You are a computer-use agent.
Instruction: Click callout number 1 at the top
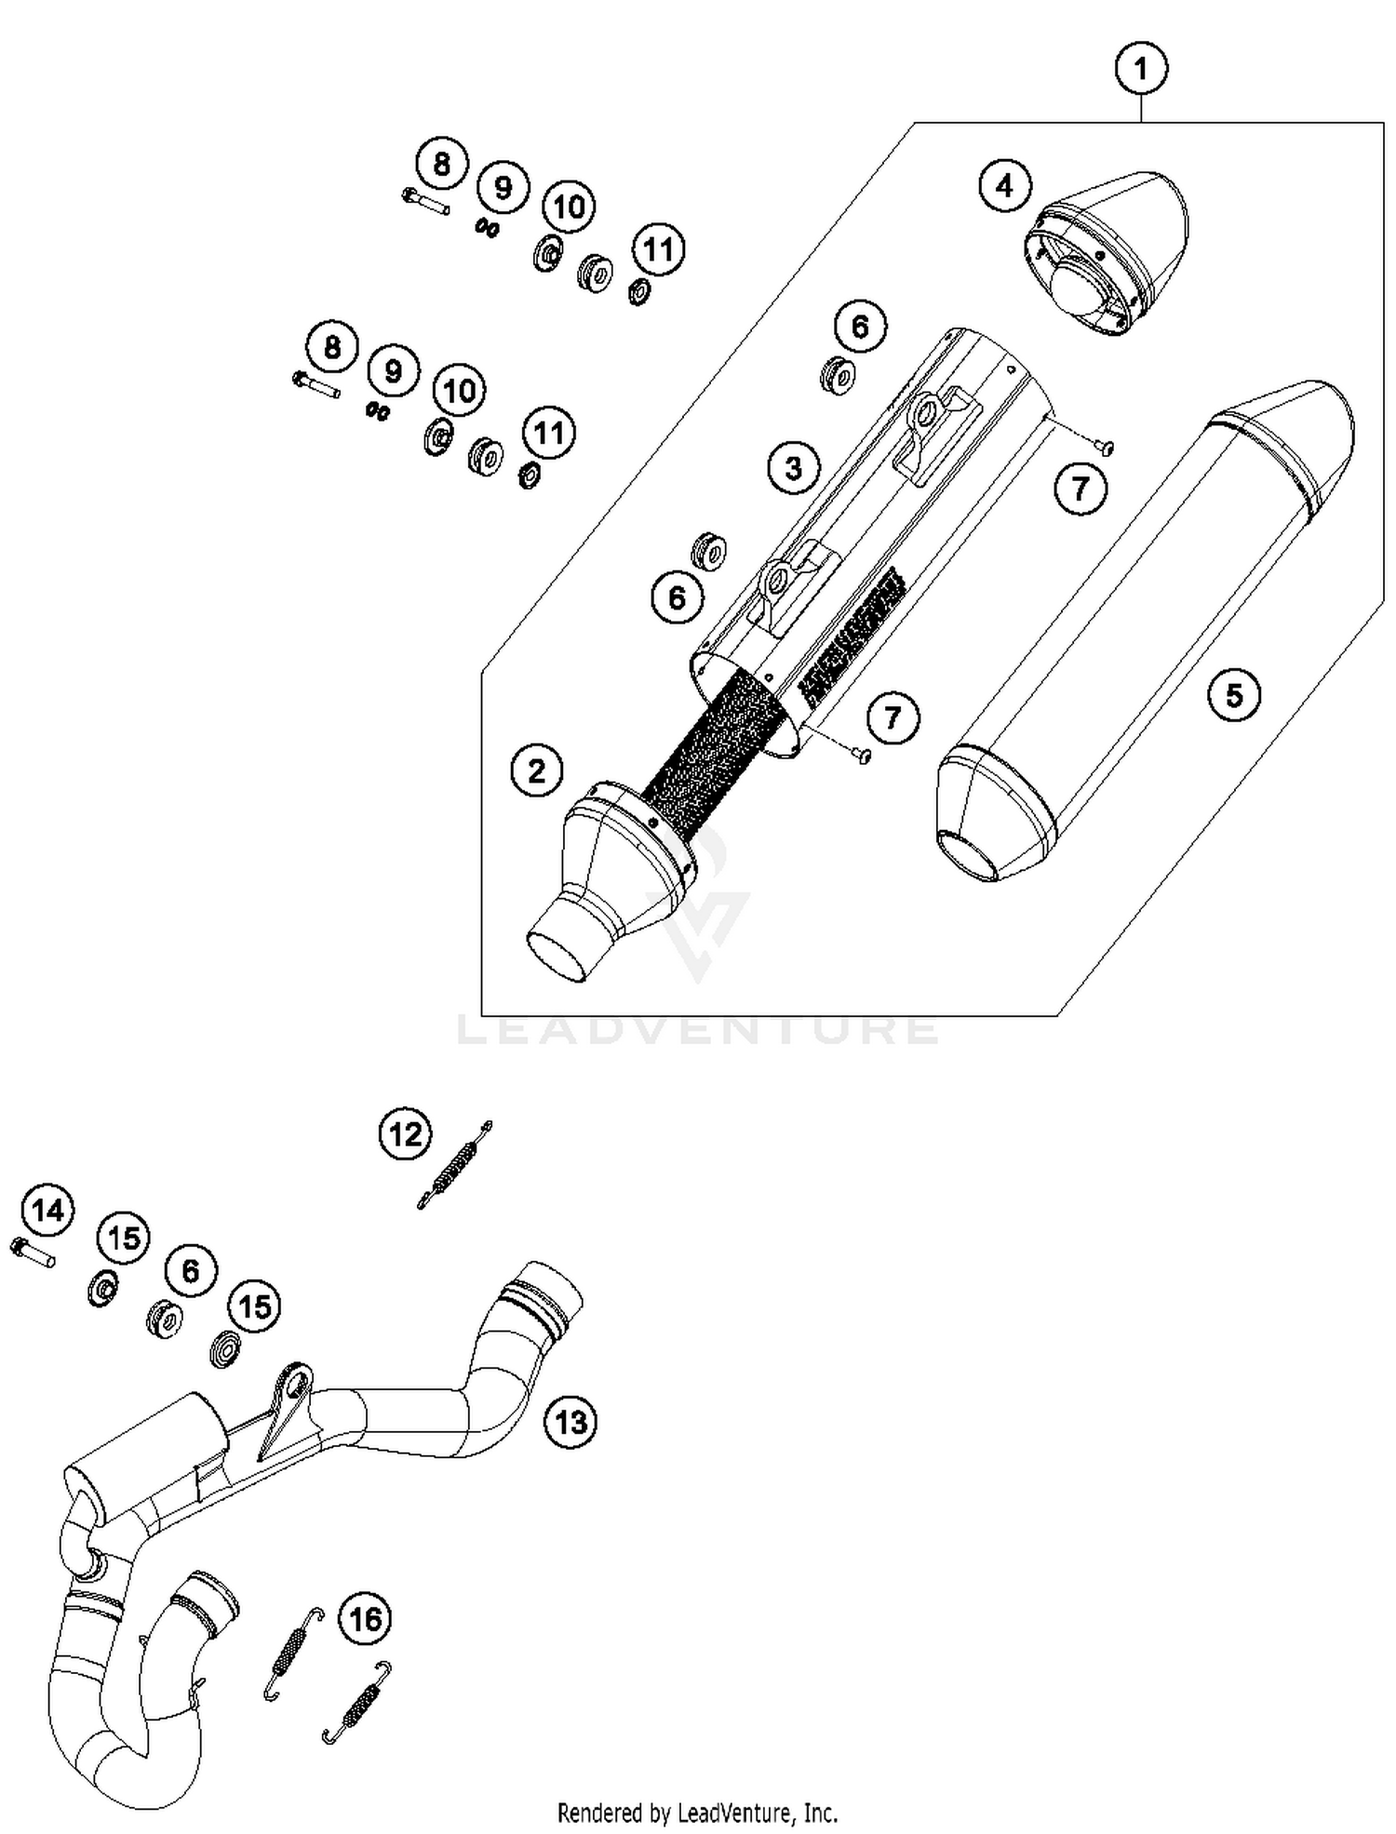[x=1141, y=69]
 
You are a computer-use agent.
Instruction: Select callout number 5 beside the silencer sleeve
[x=1234, y=694]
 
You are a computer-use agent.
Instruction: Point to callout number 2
[x=537, y=770]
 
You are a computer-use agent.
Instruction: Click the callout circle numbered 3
[x=794, y=467]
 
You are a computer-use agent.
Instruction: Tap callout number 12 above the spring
[x=406, y=1134]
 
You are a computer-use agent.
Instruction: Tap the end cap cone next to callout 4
[x=1107, y=251]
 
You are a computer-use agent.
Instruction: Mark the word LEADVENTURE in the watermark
[x=698, y=1029]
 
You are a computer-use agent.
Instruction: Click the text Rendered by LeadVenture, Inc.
[x=697, y=1813]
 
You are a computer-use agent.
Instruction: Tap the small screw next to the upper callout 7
[x=1105, y=448]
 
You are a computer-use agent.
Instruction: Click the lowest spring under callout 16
[x=356, y=1703]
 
